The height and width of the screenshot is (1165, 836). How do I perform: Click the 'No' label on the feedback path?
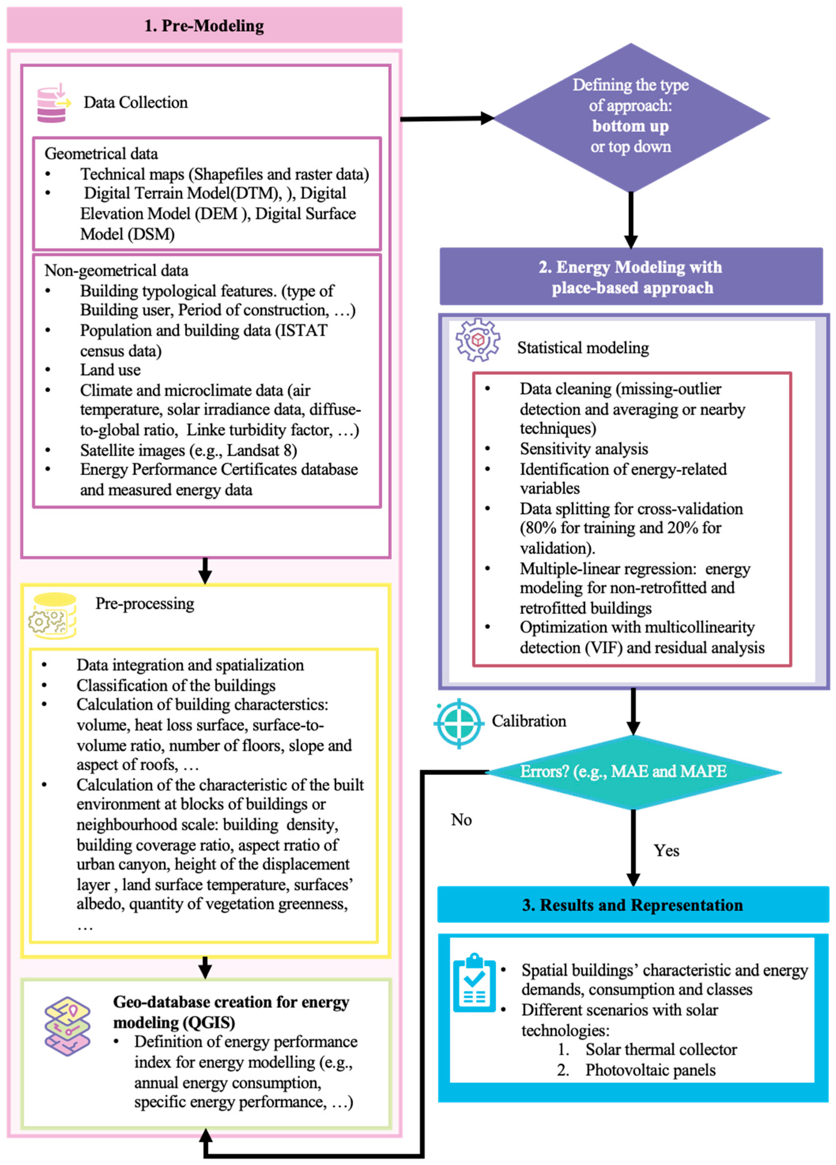coord(461,820)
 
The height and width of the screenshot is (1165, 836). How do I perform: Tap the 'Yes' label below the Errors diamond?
coord(666,851)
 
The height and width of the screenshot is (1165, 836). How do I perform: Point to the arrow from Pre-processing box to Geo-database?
coord(205,967)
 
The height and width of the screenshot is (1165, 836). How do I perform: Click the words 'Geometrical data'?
coord(101,154)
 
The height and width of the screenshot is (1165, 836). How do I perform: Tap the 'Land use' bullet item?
coord(110,370)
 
